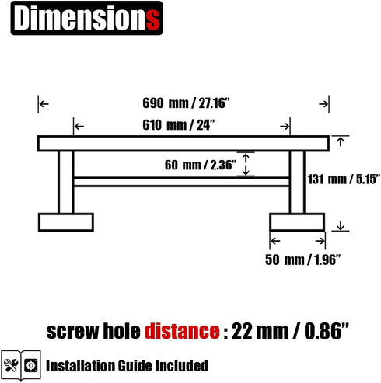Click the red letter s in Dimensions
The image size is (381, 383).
click(152, 19)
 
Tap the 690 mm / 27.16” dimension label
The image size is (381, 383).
click(186, 103)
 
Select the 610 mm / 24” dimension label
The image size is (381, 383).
click(179, 125)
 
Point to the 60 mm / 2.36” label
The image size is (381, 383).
click(201, 165)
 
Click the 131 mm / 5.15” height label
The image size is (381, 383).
click(344, 179)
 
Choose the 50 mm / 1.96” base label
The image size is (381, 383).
click(302, 259)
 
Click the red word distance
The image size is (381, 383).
click(182, 331)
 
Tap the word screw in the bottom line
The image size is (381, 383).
click(73, 332)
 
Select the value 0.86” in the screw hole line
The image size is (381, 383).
click(327, 331)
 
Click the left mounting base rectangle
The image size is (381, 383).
click(66, 222)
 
